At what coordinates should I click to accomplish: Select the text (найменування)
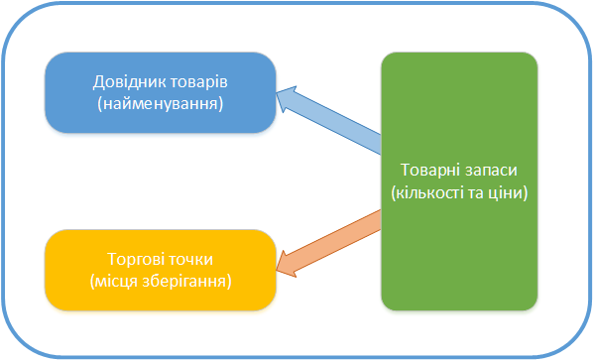pos(160,102)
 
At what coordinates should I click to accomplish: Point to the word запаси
pos(490,170)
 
